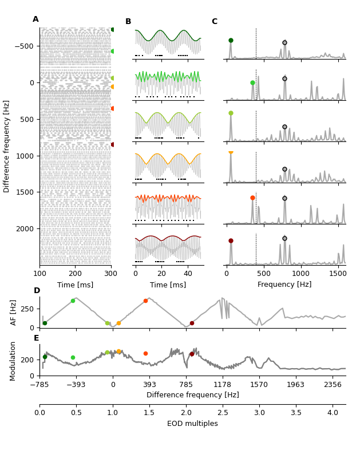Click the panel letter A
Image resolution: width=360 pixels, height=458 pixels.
coord(35,19)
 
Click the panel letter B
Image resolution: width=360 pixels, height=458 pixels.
coord(128,22)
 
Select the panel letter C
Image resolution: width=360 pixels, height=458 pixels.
coord(215,22)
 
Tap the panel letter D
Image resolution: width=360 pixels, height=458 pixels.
coord(37,291)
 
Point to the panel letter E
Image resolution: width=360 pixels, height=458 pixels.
coord(37,338)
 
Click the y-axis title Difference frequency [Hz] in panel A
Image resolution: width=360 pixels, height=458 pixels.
coord(7,146)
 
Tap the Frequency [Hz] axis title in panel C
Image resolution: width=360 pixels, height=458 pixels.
coord(284,285)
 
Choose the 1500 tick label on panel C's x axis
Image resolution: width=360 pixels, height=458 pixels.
coord(338,273)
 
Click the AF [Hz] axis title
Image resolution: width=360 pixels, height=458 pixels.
coord(14,312)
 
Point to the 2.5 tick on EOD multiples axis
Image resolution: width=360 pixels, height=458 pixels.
coord(223,412)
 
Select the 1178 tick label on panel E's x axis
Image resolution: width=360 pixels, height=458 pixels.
coord(223,384)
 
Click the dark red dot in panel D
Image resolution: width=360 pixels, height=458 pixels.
coord(192,323)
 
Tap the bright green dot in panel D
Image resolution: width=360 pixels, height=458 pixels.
coord(73,301)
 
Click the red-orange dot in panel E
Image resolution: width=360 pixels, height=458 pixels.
coord(145,353)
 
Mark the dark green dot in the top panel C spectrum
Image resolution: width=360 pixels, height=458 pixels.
coord(231,41)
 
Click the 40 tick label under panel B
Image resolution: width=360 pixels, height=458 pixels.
coord(188,273)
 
